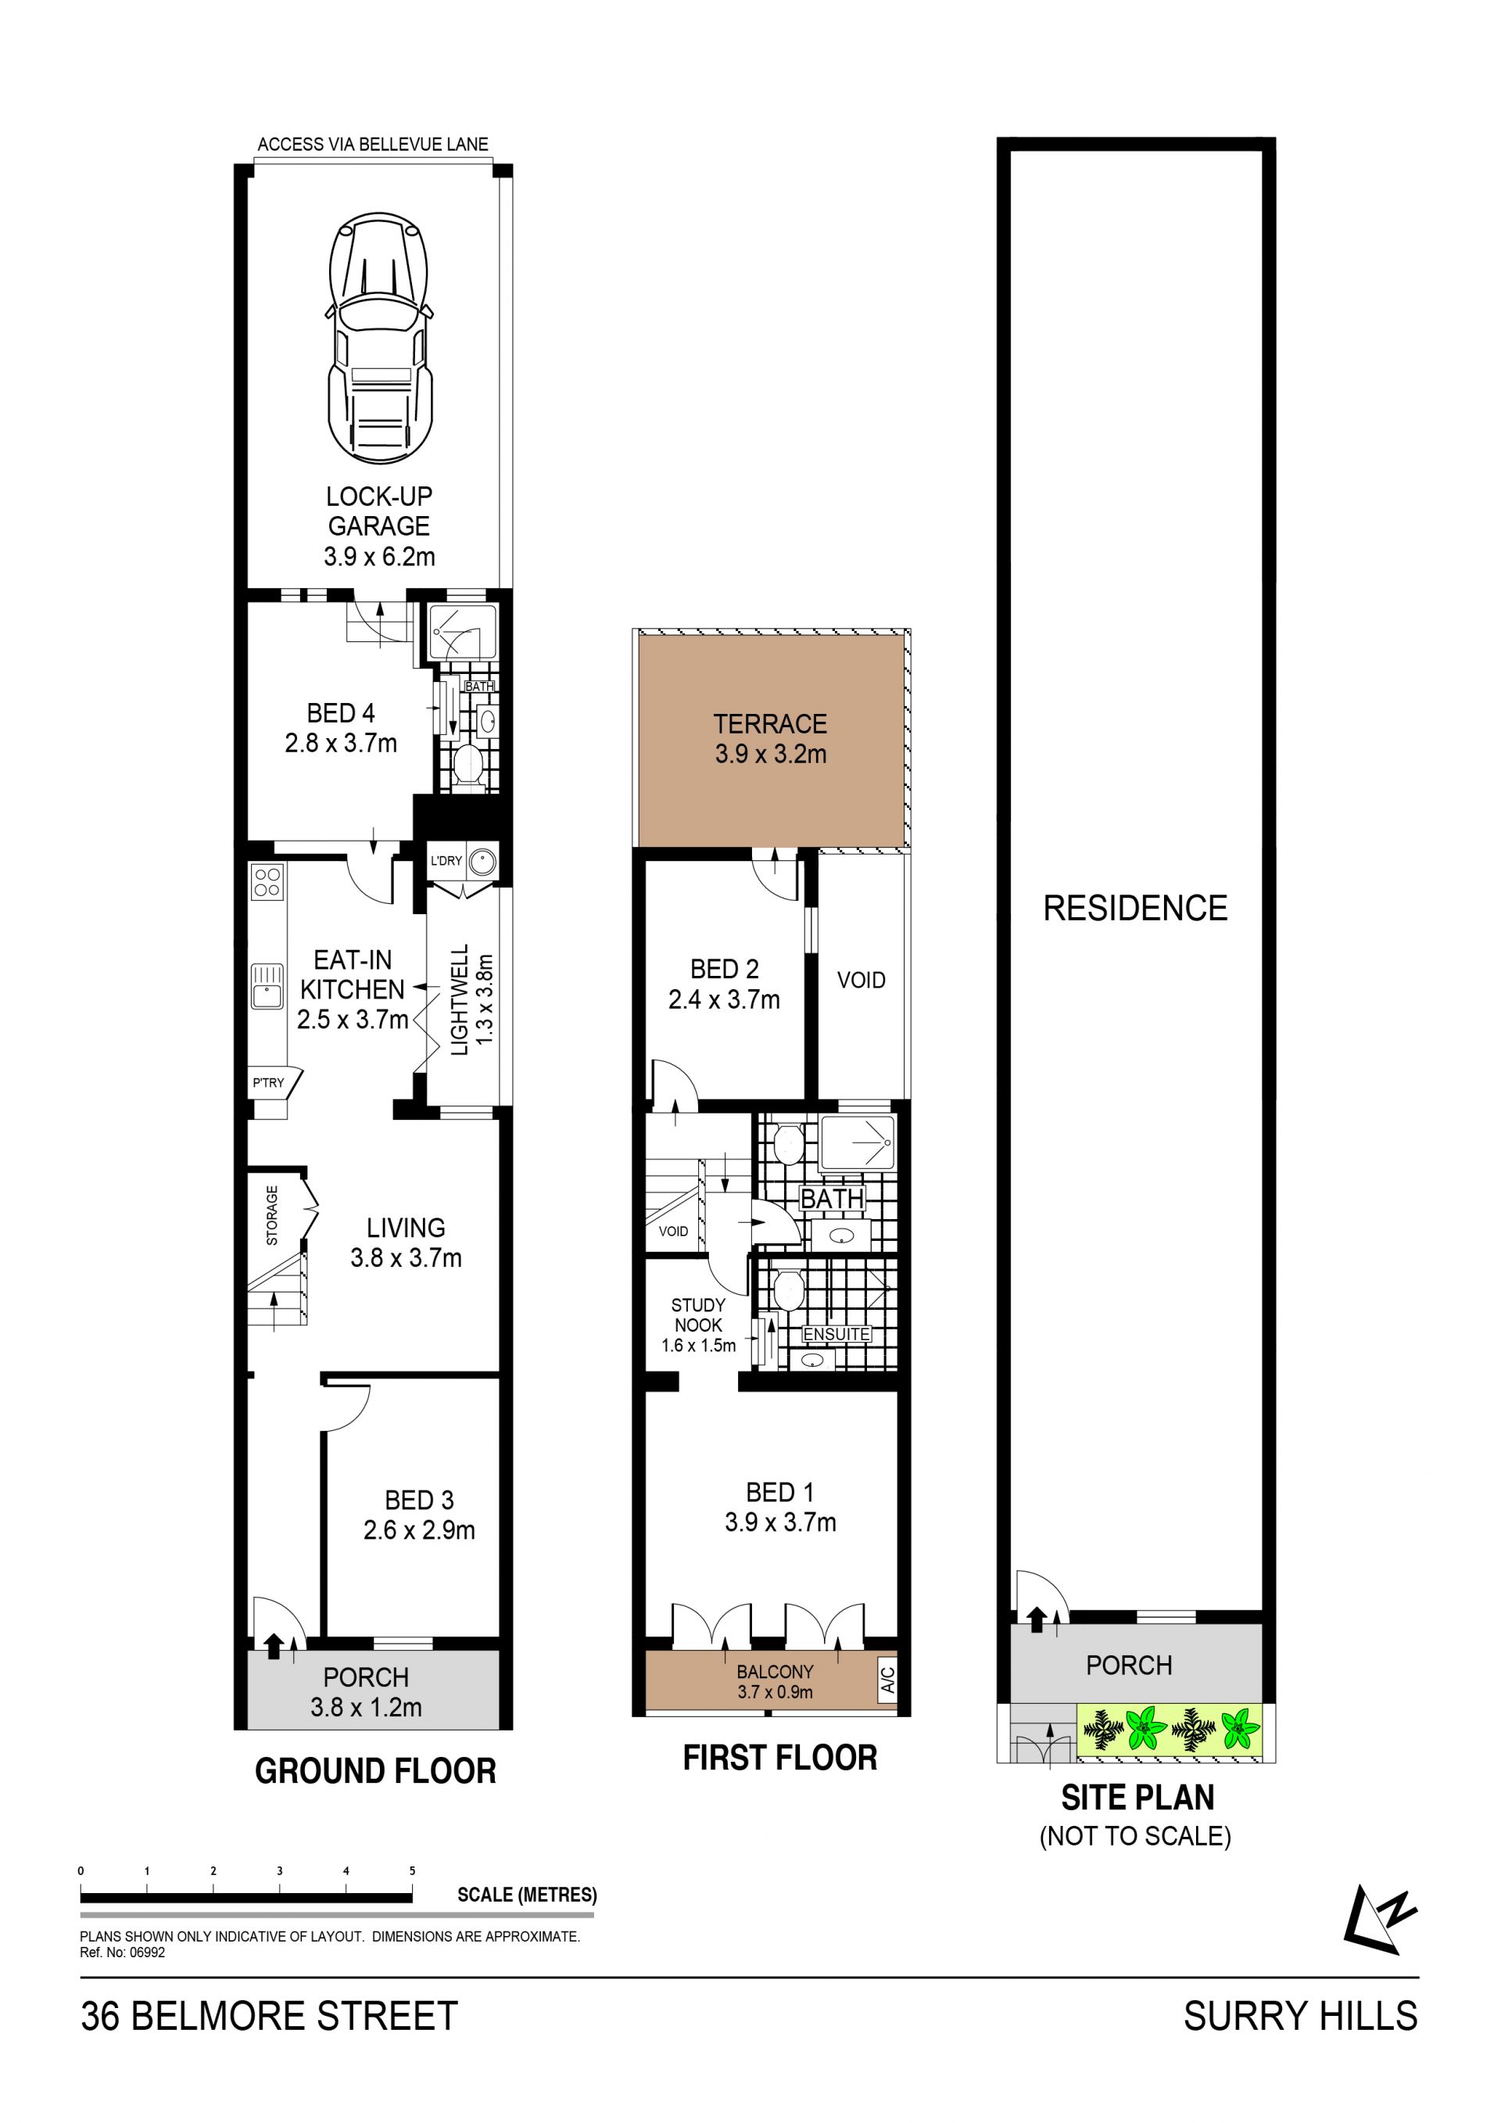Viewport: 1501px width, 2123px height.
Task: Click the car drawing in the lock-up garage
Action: coord(379,338)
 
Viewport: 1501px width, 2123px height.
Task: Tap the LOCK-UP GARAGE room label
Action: coord(379,511)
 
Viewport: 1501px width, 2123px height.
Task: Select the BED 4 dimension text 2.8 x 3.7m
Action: coord(341,744)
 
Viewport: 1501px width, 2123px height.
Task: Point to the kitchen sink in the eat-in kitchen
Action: coord(267,986)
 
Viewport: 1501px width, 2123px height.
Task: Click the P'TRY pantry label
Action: coord(268,1083)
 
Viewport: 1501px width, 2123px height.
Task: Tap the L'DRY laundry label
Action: coord(446,861)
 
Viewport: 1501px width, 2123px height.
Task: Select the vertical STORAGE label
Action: coord(272,1216)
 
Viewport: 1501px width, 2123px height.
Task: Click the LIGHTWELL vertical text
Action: coord(460,999)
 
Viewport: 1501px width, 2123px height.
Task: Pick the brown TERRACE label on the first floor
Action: coord(770,724)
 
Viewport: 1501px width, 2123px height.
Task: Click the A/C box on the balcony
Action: coord(887,1678)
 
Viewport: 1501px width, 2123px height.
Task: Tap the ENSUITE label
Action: coord(836,1334)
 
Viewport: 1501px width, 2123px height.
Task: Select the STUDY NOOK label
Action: coord(698,1315)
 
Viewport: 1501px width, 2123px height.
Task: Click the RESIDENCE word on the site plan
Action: coord(1135,908)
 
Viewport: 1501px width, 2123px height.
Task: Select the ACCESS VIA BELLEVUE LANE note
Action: coord(372,144)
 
